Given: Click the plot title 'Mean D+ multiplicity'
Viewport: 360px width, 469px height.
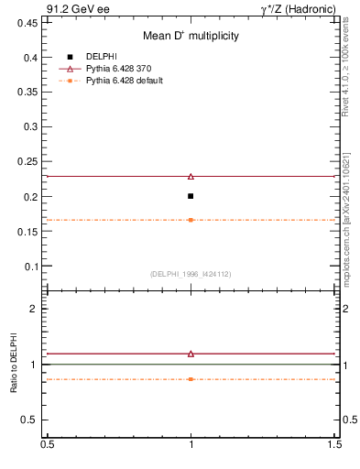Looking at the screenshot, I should [191, 36].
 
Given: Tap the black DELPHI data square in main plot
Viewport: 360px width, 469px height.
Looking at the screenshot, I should [191, 196].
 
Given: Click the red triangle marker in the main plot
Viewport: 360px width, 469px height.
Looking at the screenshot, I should [191, 176].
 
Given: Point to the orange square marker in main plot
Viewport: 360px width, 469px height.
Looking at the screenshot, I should [191, 220].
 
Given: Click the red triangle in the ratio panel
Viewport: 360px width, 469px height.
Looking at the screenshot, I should [191, 353].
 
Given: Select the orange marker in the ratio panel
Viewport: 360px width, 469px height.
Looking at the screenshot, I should [191, 378].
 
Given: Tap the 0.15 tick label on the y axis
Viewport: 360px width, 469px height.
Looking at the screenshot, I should [29, 231].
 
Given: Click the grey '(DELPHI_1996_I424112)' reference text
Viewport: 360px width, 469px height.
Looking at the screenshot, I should [191, 274].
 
